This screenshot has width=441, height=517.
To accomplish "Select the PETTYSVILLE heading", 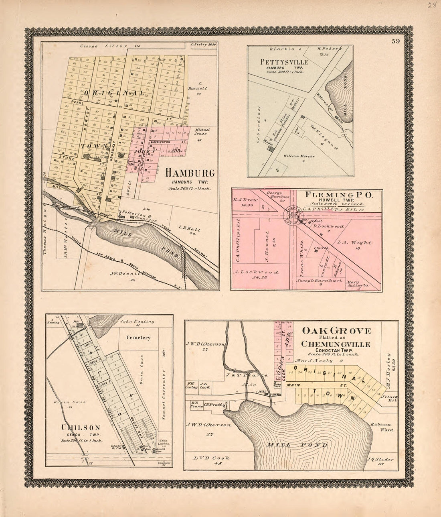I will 284,62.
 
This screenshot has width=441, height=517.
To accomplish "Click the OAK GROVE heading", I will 336,331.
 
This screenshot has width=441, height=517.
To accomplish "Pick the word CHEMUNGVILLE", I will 336,344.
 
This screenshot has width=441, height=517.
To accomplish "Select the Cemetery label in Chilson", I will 138,338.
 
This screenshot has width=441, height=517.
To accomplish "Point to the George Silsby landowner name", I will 98,46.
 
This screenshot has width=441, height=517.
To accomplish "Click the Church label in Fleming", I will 322,248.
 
